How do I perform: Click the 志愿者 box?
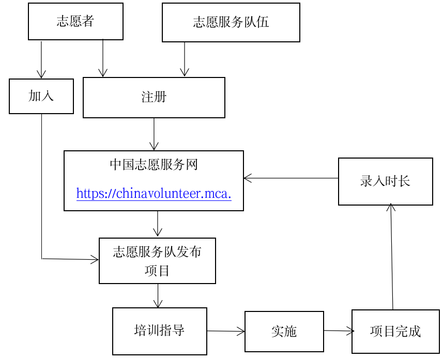point(75,22)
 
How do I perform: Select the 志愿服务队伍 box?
point(231,22)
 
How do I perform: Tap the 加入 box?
point(41,96)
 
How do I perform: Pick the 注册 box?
point(154,97)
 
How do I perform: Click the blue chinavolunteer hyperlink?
point(154,194)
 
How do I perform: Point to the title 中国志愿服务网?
point(154,165)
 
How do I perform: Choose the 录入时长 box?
point(385,181)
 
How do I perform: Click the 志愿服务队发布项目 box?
point(157,261)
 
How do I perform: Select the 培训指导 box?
point(159,331)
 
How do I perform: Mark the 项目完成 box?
point(395,332)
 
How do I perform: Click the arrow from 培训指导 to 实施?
point(226,331)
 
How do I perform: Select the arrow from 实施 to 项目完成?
point(338,331)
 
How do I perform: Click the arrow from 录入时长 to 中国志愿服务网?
point(291,178)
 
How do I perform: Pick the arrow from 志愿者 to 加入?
point(41,59)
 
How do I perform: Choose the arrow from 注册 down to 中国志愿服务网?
point(154,134)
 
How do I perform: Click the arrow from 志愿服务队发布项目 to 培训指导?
point(158,295)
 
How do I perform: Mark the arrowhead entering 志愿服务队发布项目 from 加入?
point(95,259)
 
